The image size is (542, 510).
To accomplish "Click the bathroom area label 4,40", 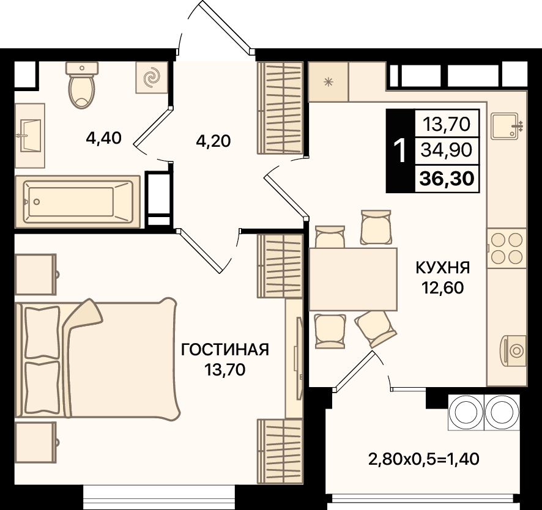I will (104, 139).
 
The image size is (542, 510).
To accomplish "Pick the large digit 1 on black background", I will (400, 150).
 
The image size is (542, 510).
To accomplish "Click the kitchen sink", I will (507, 127).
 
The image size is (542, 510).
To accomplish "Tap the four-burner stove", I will (507, 247).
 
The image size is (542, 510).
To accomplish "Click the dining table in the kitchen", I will (353, 279).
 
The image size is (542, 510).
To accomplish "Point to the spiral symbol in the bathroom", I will (150, 77).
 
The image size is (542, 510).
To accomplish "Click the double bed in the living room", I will (98, 358).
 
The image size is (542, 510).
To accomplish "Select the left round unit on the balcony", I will (466, 412).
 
